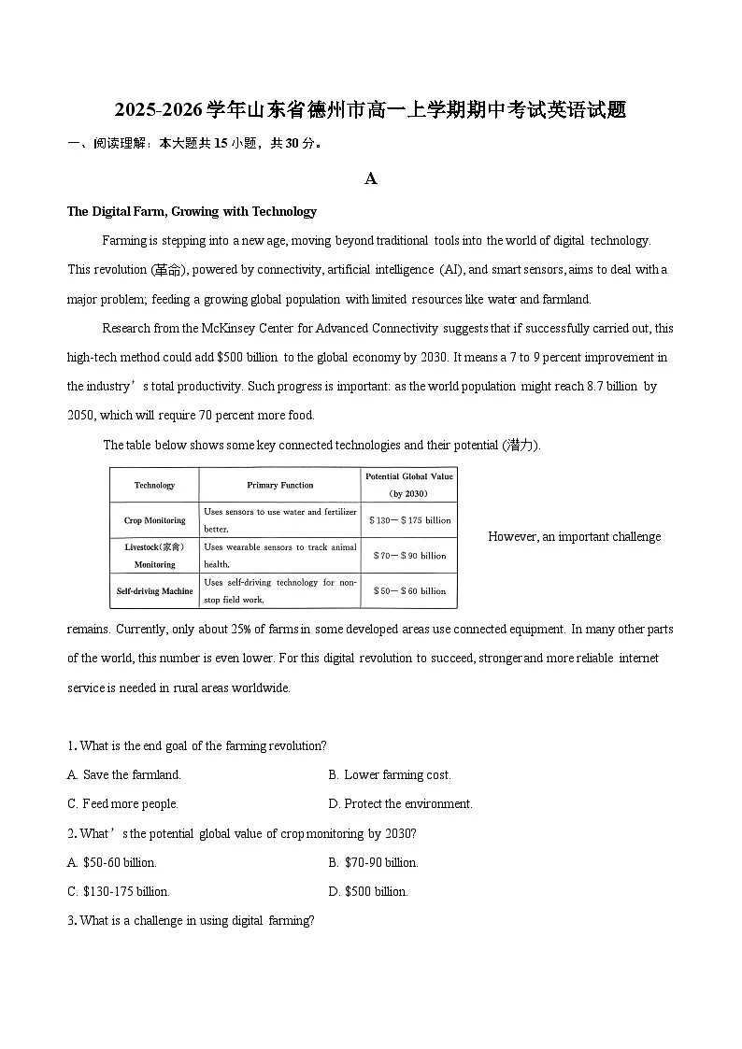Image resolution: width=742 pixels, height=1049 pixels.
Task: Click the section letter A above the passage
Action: [371, 178]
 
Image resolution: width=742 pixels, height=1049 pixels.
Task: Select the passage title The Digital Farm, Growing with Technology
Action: [192, 211]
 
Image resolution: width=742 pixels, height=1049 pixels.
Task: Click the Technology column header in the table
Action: [154, 485]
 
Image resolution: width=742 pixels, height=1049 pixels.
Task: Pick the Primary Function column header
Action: [280, 485]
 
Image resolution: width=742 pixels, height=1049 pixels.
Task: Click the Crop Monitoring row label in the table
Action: [154, 520]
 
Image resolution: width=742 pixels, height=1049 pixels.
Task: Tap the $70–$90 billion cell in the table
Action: [408, 556]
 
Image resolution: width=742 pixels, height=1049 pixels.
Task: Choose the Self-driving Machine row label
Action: [154, 591]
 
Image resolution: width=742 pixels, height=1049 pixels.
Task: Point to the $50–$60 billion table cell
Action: [408, 591]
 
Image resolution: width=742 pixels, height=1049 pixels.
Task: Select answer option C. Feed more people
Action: [122, 803]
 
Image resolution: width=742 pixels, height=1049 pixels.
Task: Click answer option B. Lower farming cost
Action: [390, 774]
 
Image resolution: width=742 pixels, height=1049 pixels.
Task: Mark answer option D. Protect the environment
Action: [400, 803]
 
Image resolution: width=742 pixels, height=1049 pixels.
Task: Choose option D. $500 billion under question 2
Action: [368, 891]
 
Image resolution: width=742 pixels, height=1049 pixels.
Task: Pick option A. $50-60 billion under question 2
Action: [112, 862]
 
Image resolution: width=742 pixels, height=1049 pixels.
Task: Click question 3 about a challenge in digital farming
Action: [191, 920]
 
